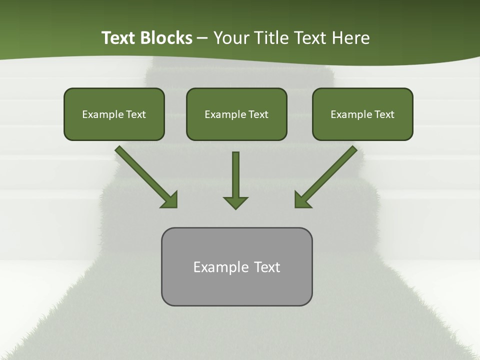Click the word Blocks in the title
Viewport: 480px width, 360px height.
pos(167,38)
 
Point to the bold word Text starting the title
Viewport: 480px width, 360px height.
pos(119,38)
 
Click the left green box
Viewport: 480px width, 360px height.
pos(114,114)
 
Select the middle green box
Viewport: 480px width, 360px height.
pos(236,114)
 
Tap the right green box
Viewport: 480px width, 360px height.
pos(362,114)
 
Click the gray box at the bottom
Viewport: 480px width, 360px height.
pos(236,266)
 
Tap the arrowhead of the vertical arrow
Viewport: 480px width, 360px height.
pos(235,202)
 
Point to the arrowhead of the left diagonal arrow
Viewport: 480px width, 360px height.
pos(170,199)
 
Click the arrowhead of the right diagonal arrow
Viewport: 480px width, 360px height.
pos(302,199)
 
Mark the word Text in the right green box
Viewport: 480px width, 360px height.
pos(384,114)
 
